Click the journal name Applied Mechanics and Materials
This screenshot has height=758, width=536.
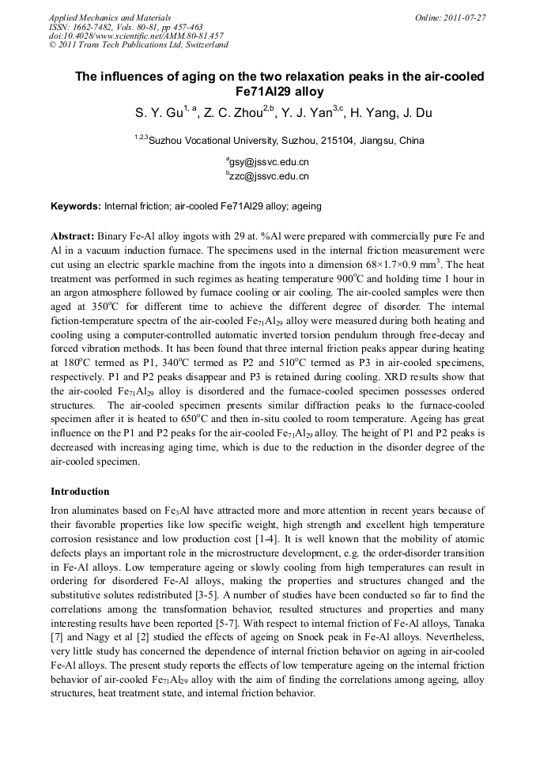tap(109, 17)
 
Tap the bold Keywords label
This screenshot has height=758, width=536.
tap(76, 206)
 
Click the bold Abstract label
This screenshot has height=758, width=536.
tap(73, 236)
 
